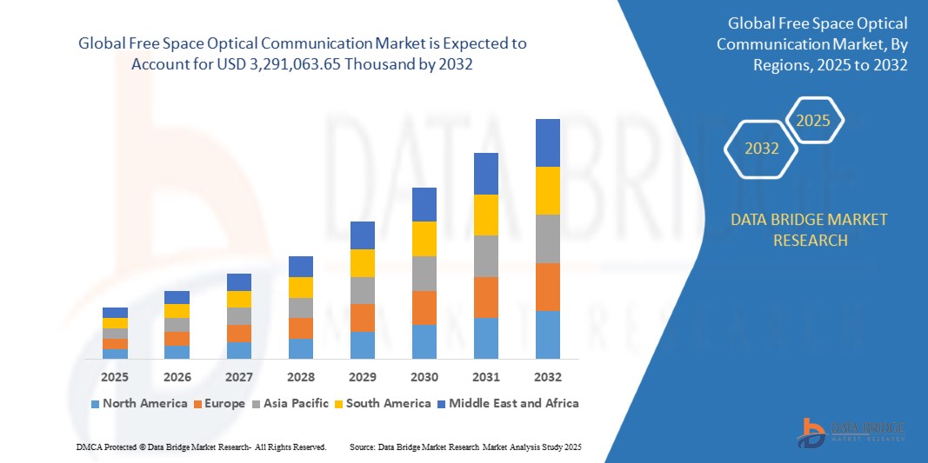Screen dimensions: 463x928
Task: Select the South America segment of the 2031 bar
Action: click(485, 215)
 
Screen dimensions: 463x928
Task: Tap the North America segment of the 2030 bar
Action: click(424, 341)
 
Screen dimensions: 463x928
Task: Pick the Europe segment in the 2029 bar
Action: click(362, 318)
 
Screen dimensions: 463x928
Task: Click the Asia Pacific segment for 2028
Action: click(300, 308)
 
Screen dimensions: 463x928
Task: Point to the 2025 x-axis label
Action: click(115, 378)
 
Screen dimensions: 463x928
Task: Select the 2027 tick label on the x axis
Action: click(238, 378)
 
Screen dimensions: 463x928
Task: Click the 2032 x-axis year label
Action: click(547, 378)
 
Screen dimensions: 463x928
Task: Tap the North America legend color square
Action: click(95, 404)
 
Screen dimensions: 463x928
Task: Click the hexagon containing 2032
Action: click(762, 149)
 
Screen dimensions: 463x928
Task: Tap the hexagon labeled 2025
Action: click(813, 121)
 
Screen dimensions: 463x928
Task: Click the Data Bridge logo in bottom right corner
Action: click(851, 432)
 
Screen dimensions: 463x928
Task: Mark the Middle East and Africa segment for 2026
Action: click(177, 297)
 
